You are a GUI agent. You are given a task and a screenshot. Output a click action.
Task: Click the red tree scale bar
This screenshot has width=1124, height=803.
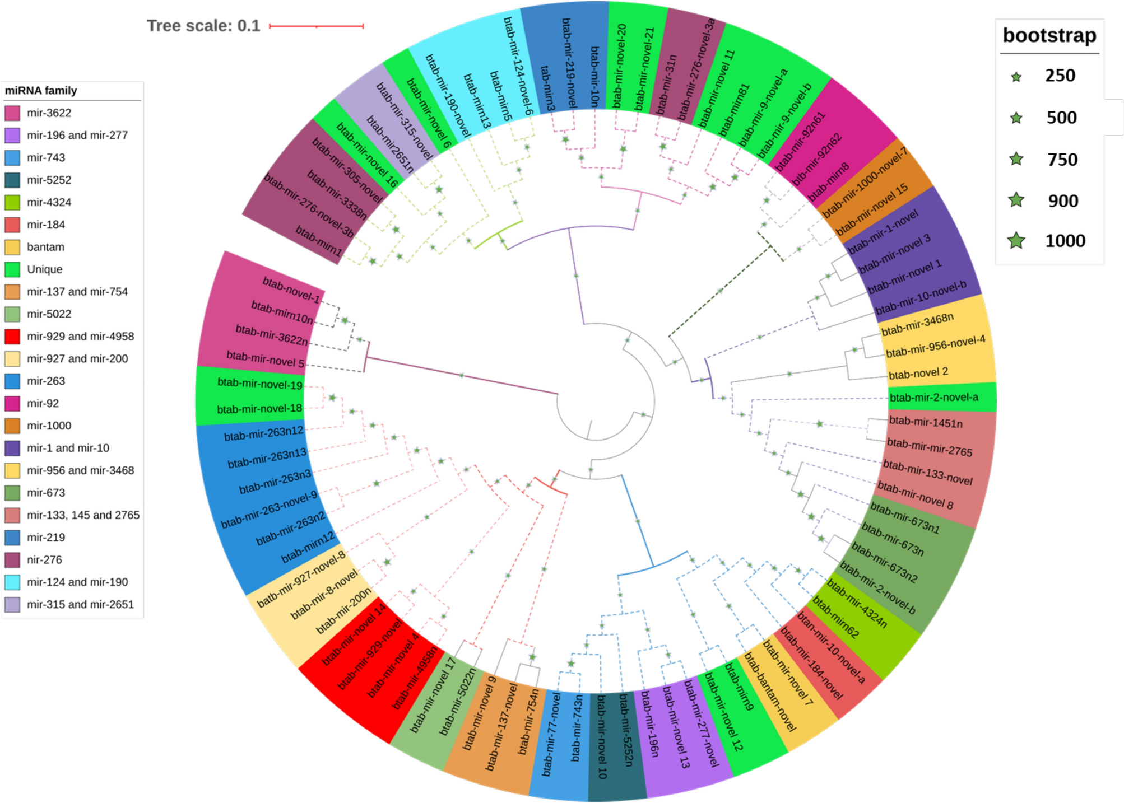click(x=316, y=26)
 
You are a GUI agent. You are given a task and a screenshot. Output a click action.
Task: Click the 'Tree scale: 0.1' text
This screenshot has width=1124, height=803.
click(x=203, y=26)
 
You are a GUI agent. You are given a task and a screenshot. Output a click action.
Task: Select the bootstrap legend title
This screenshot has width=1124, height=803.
click(x=1049, y=35)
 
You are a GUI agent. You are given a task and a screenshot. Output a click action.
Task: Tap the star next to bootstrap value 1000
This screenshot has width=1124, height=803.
click(x=1016, y=241)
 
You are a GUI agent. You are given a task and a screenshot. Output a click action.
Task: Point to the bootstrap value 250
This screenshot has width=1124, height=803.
click(x=1060, y=76)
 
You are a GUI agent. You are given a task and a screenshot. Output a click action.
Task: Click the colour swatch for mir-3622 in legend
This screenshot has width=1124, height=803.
click(x=12, y=113)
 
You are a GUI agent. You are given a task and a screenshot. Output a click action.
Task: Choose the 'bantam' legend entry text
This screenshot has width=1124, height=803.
click(x=45, y=247)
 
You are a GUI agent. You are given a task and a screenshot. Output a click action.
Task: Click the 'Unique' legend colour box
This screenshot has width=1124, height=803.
click(x=12, y=269)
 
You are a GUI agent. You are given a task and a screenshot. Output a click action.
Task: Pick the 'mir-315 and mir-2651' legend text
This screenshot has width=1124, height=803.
click(x=80, y=604)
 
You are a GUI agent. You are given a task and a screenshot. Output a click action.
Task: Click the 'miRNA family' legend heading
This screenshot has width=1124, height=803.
click(x=41, y=91)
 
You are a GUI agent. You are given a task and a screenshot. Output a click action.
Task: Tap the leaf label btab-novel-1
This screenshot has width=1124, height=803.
click(x=291, y=290)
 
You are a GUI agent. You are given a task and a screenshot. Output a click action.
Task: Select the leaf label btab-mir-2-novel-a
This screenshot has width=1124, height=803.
click(x=933, y=398)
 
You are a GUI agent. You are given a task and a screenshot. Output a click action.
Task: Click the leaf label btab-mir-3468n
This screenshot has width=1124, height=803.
click(x=917, y=324)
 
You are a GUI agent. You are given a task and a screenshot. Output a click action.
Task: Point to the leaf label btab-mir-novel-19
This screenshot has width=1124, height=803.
click(x=259, y=384)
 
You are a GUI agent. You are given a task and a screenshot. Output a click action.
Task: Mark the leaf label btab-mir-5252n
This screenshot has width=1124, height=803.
click(x=626, y=730)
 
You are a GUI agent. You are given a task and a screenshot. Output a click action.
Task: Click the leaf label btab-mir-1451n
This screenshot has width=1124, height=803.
click(x=926, y=422)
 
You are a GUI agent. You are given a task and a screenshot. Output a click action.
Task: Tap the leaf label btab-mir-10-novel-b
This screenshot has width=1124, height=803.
click(x=921, y=297)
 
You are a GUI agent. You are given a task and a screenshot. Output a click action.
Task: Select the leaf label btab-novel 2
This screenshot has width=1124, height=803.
click(x=918, y=374)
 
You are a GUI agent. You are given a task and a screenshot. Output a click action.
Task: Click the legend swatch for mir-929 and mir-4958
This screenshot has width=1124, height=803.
click(x=12, y=337)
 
